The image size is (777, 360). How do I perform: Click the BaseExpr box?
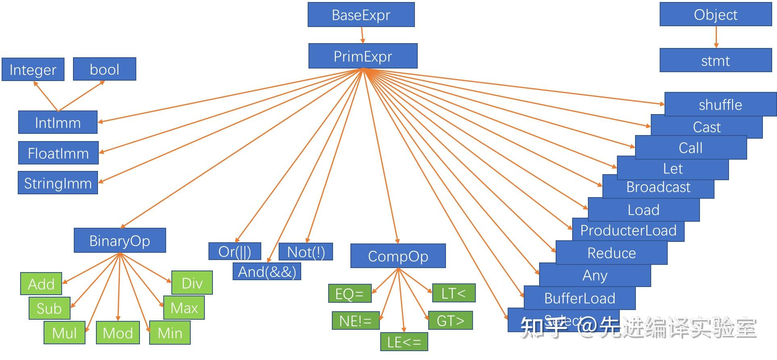point(361,15)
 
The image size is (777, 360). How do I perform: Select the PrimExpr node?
point(362,56)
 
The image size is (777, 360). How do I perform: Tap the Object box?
point(715,15)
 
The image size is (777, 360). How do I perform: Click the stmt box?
point(715,61)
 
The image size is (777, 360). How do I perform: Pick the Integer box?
point(33,70)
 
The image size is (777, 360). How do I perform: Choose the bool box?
point(104,69)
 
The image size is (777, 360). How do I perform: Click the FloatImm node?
point(58,153)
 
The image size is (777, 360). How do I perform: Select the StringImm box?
point(58,183)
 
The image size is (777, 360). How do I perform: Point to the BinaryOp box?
point(120,241)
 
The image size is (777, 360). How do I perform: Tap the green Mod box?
point(118,333)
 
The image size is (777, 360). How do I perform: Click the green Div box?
point(192,283)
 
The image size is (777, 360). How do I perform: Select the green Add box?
point(41,284)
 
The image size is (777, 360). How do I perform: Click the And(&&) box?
point(267,272)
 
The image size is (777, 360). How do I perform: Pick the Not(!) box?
point(306,252)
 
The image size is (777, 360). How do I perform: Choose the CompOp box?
point(398,256)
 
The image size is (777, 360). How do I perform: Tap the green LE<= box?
point(404,342)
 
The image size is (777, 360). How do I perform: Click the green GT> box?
point(450,321)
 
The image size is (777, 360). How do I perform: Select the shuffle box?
point(720,105)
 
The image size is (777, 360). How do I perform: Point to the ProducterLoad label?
point(628,231)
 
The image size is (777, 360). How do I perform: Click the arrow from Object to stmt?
point(716,37)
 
